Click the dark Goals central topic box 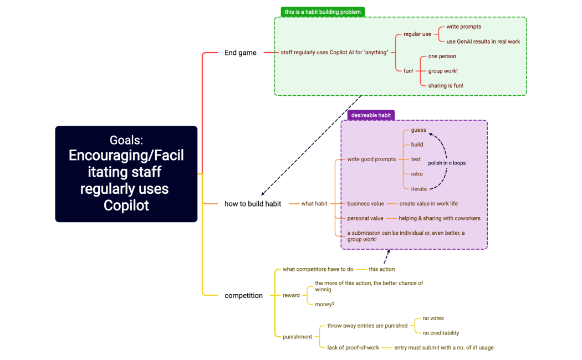click(x=126, y=174)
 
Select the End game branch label click(x=241, y=53)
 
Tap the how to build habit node click(x=253, y=204)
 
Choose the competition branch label click(x=244, y=296)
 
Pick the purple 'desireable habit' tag click(x=371, y=115)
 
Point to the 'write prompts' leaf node click(x=464, y=27)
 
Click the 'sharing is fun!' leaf click(x=446, y=86)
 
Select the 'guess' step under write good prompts click(x=418, y=130)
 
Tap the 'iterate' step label click(x=419, y=189)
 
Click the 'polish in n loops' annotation click(x=447, y=163)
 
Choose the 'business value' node click(x=366, y=204)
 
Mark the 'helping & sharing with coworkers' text click(x=440, y=218)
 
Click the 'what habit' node click(x=314, y=204)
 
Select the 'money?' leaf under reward click(x=325, y=305)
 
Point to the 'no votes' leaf click(x=433, y=318)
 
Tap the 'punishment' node click(x=298, y=337)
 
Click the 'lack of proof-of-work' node click(x=353, y=348)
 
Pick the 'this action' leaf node click(x=382, y=269)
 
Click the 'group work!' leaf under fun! click(x=443, y=71)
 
